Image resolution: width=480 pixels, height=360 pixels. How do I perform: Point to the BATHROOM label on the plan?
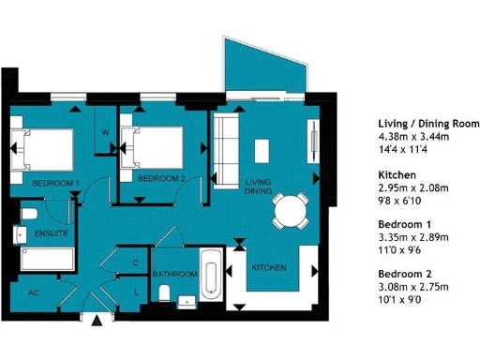click(x=175, y=274)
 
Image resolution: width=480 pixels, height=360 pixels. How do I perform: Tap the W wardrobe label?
click(x=105, y=132)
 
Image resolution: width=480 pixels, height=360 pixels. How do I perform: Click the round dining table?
click(x=290, y=212)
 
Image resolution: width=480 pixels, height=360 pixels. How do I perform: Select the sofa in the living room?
click(x=226, y=148)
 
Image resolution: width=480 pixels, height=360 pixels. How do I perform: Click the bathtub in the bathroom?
click(x=210, y=274)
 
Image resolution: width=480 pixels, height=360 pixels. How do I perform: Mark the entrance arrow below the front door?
click(x=97, y=322)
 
